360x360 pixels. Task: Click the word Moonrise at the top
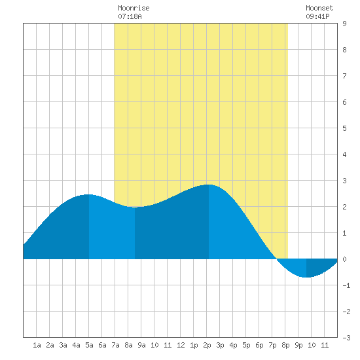pos(134,8)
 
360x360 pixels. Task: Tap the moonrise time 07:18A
pos(130,16)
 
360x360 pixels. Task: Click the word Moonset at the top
pos(319,8)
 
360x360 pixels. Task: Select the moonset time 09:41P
pos(317,16)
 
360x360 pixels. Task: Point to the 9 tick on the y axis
pos(344,24)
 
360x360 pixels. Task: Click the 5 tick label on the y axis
pos(344,128)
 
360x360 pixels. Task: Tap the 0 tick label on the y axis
pos(344,259)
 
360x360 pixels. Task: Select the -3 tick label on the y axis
pos(346,338)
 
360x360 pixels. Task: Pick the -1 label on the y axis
pos(346,285)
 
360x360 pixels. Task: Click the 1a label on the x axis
pos(37,345)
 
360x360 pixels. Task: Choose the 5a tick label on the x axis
pos(89,345)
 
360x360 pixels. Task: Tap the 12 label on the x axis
pos(181,345)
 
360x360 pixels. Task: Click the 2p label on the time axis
pos(207,345)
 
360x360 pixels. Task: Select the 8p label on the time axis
pos(285,345)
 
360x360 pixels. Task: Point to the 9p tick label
pos(298,345)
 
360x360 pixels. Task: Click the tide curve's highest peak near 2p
pos(209,185)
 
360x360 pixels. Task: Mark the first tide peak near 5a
pos(89,194)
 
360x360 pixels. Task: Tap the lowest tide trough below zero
pos(306,277)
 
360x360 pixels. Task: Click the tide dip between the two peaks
pos(135,207)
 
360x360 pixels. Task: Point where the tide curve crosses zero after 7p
pos(276,259)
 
